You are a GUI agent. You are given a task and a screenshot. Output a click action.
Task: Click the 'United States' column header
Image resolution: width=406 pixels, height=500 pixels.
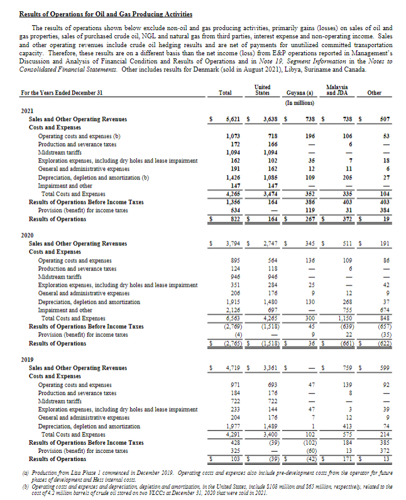pyautogui.click(x=263, y=90)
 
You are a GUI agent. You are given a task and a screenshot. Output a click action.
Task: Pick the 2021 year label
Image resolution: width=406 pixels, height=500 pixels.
pyautogui.click(x=28, y=110)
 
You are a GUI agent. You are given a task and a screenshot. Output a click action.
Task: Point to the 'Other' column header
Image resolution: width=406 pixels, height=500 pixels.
pyautogui.click(x=374, y=92)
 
